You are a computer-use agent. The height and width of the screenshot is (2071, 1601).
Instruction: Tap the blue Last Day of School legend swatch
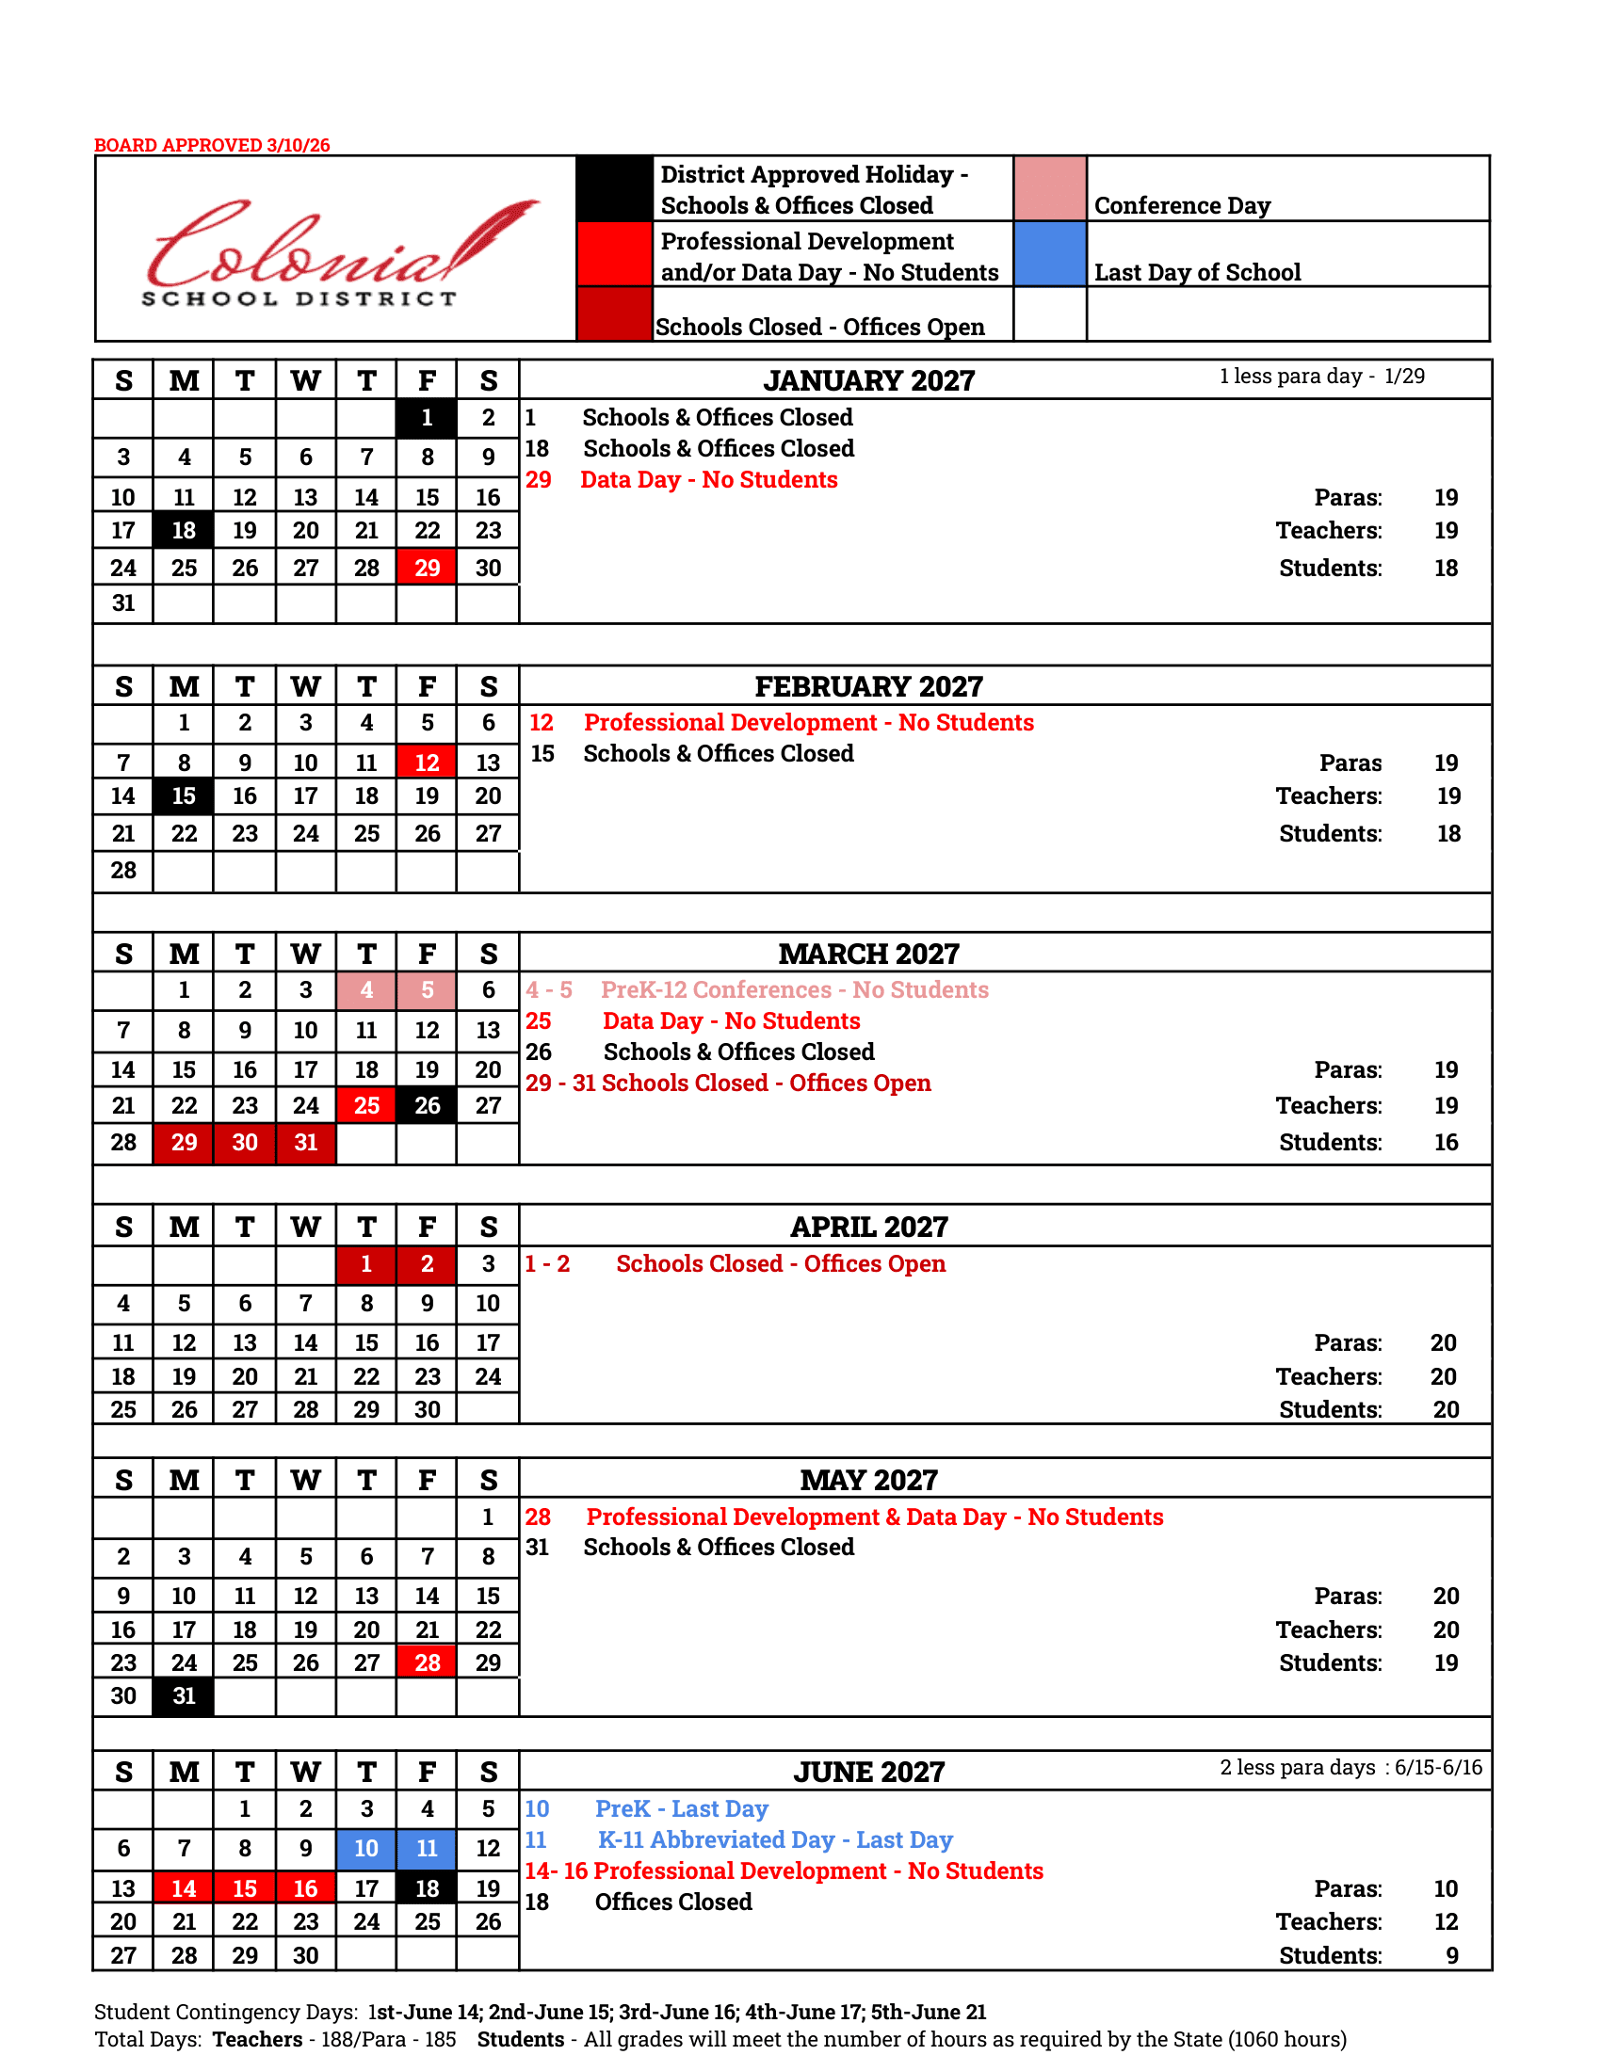tap(1050, 254)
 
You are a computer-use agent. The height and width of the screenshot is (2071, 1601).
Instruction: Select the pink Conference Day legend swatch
tap(1050, 188)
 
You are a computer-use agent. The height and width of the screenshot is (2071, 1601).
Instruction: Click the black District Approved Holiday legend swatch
tap(615, 188)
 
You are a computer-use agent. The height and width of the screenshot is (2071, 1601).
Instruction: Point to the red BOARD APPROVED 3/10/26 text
tap(212, 145)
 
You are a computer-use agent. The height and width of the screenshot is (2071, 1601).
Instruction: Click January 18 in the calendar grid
tap(184, 530)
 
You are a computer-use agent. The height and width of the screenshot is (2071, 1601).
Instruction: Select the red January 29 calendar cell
tap(427, 568)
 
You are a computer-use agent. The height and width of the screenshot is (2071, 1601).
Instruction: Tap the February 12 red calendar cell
tap(427, 763)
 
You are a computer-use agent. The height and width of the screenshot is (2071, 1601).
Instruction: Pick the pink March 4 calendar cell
tap(366, 990)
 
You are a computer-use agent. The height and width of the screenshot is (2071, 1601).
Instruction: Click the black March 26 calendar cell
tap(427, 1106)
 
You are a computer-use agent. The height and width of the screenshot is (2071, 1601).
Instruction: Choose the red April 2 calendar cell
tap(427, 1264)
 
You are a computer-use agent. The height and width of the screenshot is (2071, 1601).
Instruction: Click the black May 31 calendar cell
tap(184, 1695)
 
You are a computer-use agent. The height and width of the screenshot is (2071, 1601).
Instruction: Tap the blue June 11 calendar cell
tap(427, 1848)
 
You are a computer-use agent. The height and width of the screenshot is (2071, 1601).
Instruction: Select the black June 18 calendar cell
tap(427, 1888)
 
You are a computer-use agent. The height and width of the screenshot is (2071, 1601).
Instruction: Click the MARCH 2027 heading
tap(869, 954)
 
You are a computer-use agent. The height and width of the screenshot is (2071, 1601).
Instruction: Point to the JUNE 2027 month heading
tap(869, 1773)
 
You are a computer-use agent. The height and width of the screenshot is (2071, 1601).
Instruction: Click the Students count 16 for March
tap(1446, 1143)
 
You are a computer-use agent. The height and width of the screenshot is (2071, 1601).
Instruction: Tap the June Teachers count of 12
tap(1446, 1921)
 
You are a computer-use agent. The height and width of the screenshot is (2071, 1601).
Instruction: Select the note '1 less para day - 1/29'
tap(1321, 377)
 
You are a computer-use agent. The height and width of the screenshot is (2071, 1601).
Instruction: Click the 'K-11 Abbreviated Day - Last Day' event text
tap(775, 1840)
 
